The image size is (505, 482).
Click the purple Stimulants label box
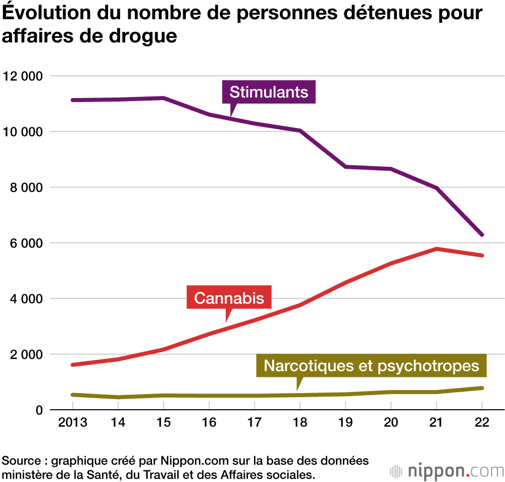point(269,92)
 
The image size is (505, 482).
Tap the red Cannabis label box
point(229,298)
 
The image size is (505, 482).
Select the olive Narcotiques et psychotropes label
point(371,365)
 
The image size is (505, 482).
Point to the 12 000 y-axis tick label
point(22,76)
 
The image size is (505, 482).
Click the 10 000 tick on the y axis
point(22,132)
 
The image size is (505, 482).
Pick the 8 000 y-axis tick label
point(25,187)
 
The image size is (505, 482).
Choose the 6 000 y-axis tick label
point(25,243)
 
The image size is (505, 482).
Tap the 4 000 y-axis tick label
point(25,299)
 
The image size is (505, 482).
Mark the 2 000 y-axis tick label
point(25,354)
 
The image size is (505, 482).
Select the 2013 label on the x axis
point(72,422)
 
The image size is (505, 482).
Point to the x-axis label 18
point(300,422)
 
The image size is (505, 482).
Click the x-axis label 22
point(482,422)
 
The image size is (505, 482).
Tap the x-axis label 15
point(164,422)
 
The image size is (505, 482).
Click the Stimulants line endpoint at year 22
point(482,235)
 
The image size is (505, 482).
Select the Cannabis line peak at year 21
point(436,249)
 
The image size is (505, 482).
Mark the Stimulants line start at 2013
point(73,100)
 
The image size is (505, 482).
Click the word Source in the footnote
point(20,461)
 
